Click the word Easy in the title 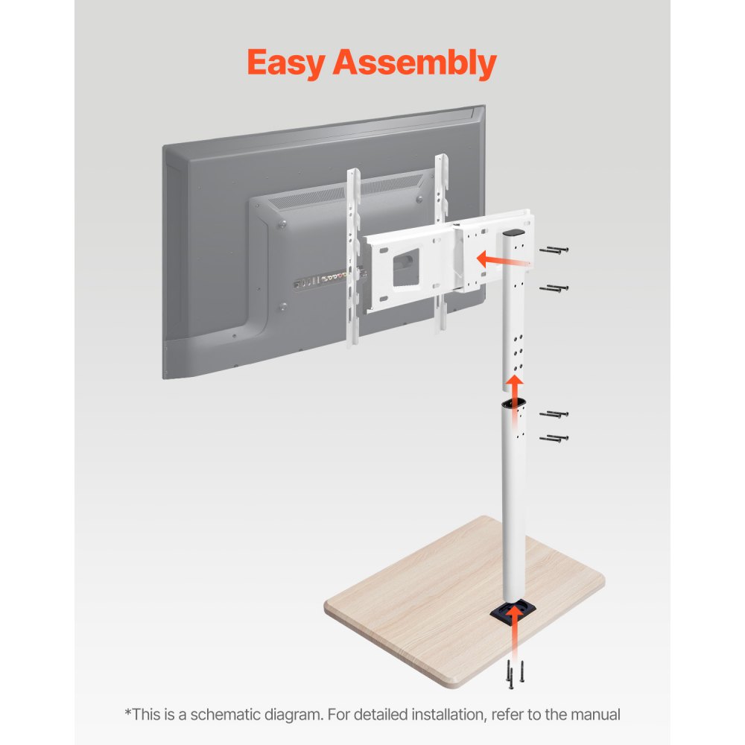pos(285,63)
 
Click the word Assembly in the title pos(414,63)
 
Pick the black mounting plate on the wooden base pos(514,612)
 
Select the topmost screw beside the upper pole pos(554,252)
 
